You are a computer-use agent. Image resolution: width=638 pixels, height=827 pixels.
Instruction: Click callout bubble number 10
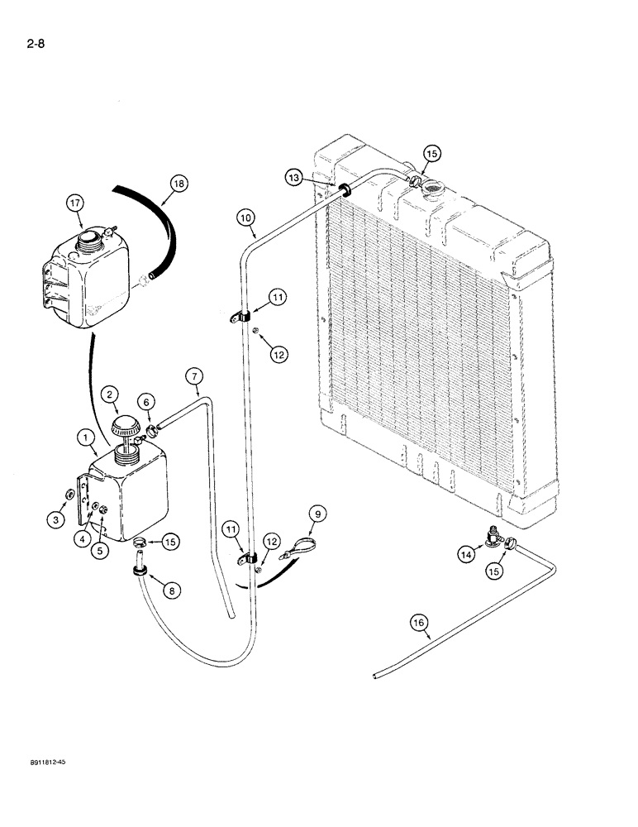[245, 219]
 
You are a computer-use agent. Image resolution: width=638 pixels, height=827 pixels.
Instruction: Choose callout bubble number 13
[294, 176]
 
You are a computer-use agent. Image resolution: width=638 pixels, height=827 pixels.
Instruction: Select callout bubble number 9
[316, 514]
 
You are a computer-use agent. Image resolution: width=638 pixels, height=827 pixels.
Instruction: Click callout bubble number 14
[467, 555]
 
